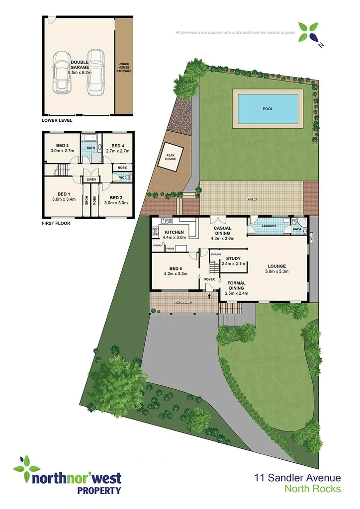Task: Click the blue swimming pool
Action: click(x=268, y=108)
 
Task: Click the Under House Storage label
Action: click(x=124, y=68)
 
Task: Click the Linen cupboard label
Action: click(x=91, y=179)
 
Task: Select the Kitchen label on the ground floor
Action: click(x=173, y=232)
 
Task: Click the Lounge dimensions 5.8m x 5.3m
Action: click(x=276, y=271)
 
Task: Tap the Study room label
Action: click(x=233, y=258)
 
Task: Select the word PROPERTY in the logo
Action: click(x=98, y=491)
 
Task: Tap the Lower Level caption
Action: click(x=58, y=120)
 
